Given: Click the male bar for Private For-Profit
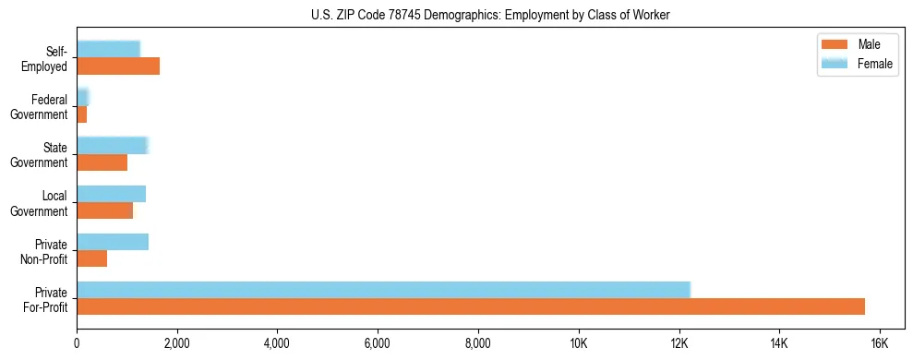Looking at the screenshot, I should coord(471,306).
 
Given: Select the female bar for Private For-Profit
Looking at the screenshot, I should coord(383,290).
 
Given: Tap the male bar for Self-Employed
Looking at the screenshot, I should coord(118,66).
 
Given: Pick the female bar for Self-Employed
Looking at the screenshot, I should coord(108,49).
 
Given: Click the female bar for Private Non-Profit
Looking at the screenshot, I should coord(113,242).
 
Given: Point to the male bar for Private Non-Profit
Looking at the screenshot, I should coord(92,258).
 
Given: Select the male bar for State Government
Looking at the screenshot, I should coord(102,162).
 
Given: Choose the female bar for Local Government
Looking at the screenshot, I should coord(111,194).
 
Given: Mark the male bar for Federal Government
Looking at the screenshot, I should coord(82,114).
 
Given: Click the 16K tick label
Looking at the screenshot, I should coord(879,342).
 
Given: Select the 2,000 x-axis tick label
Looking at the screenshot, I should coord(176,342).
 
